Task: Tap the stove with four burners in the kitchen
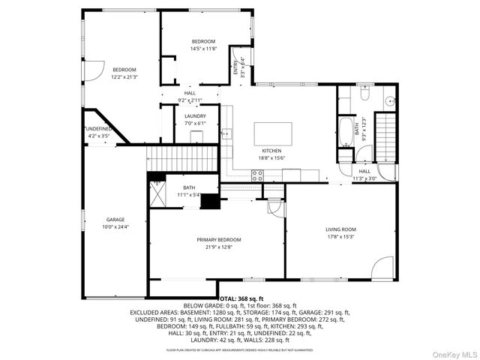pyautogui.click(x=257, y=175)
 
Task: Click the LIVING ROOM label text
pyautogui.click(x=340, y=229)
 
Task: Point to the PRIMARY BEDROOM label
pyautogui.click(x=220, y=240)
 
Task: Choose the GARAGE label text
pyautogui.click(x=115, y=220)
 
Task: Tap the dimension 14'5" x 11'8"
pyautogui.click(x=203, y=48)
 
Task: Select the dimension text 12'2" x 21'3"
pyautogui.click(x=124, y=76)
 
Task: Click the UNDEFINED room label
pyautogui.click(x=98, y=129)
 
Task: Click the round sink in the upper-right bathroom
pyautogui.click(x=389, y=100)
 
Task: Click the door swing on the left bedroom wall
pyautogui.click(x=92, y=72)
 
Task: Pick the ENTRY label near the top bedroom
pyautogui.click(x=235, y=68)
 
